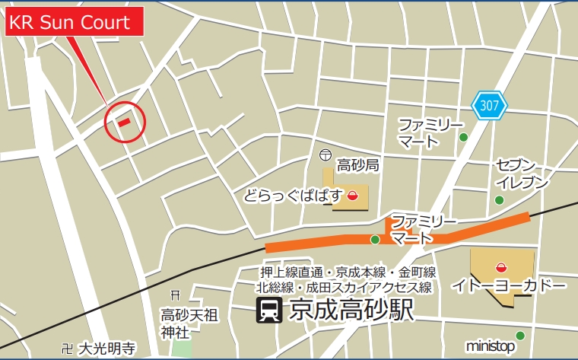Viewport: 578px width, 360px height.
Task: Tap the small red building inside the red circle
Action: (123, 120)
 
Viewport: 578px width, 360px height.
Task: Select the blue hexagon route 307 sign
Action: (490, 106)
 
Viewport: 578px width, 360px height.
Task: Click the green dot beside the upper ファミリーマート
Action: (462, 137)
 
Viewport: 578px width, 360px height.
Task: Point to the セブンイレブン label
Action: (522, 174)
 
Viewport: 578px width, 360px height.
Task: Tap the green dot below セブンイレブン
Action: (499, 200)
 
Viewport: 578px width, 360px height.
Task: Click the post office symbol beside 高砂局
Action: (326, 155)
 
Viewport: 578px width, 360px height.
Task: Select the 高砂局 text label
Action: (357, 164)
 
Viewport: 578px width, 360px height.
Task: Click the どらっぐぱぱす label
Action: (294, 197)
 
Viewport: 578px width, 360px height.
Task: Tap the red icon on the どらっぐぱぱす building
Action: (352, 196)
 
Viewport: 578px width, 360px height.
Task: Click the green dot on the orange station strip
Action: (375, 241)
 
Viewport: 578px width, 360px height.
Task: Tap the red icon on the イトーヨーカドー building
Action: (500, 266)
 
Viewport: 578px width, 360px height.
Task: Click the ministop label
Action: (491, 346)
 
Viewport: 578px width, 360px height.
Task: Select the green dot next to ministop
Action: (520, 336)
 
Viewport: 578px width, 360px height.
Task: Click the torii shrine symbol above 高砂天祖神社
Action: (175, 295)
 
